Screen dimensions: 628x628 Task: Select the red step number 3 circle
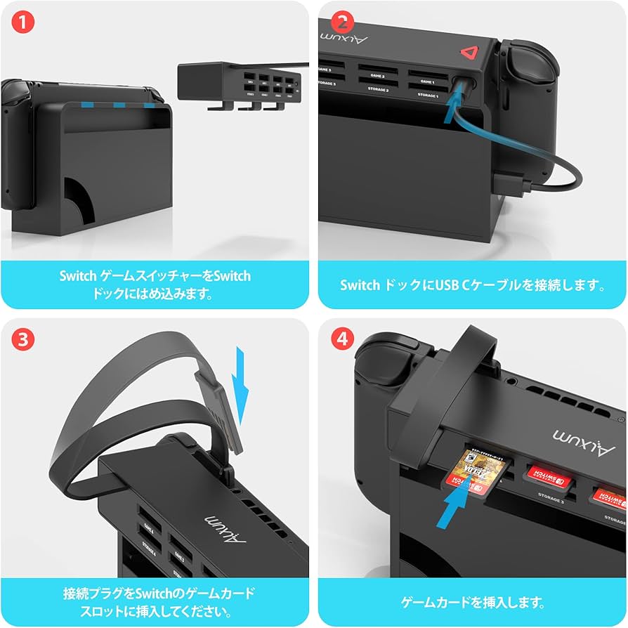click(23, 340)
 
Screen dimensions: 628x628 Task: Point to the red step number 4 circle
click(342, 340)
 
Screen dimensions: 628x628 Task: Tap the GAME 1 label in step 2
click(428, 82)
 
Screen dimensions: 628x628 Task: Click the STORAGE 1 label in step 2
click(428, 94)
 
